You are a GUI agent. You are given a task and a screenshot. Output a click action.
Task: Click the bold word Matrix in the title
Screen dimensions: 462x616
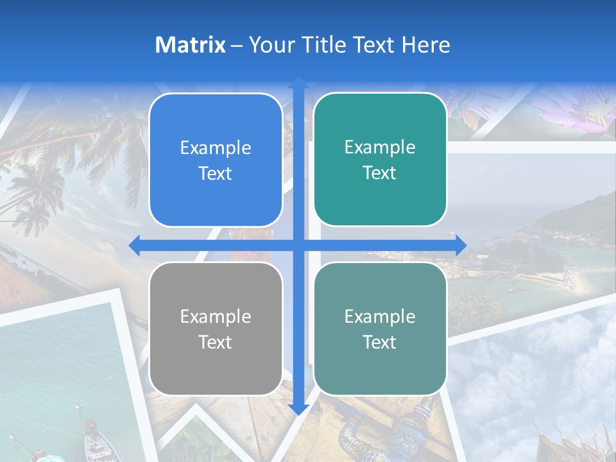pos(190,45)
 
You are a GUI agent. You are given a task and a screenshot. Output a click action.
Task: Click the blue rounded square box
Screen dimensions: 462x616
pos(216,160)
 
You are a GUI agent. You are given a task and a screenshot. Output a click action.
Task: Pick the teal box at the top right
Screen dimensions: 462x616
pos(380,159)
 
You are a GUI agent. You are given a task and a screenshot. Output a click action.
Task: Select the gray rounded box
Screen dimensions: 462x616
pos(216,329)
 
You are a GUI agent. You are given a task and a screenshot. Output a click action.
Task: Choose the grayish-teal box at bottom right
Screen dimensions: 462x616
pos(380,329)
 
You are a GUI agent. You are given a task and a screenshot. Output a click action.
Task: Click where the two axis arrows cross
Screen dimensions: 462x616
pos(298,245)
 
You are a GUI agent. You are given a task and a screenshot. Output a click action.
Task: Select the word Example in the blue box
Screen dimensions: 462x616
pos(216,148)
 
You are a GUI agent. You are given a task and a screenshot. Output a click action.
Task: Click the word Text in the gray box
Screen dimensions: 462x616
pos(216,342)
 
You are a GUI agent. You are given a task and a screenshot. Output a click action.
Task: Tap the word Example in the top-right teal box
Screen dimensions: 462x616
pos(380,148)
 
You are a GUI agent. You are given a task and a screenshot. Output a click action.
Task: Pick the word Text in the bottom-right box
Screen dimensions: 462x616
pos(380,342)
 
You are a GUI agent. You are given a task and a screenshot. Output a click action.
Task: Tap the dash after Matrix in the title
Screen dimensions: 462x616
pos(237,46)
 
